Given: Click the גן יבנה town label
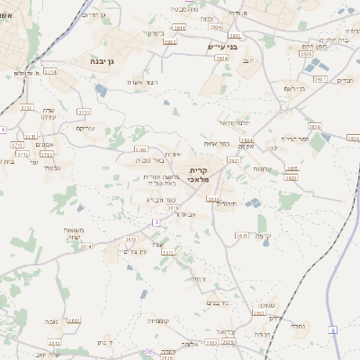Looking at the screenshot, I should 107,61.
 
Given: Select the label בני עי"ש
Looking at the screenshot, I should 220,47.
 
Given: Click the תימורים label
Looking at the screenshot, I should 225,202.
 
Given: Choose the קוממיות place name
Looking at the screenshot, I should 157,320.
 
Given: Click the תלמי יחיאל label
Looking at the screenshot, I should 234,122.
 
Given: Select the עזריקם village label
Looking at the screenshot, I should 85,128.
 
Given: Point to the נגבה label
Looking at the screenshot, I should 52,319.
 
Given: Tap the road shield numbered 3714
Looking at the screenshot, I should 49,71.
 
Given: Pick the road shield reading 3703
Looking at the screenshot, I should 140,149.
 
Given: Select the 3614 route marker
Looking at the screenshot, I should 86,246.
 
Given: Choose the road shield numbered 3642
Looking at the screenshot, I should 74,320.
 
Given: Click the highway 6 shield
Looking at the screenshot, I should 332,331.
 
